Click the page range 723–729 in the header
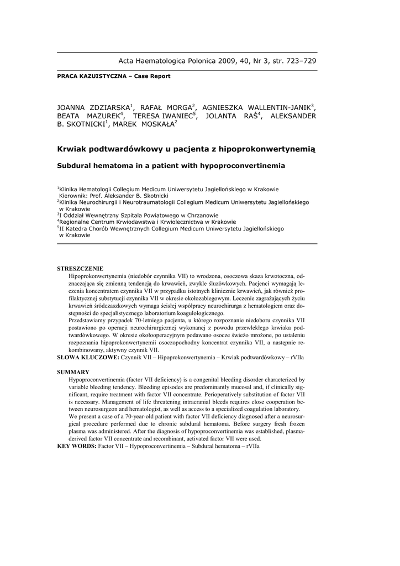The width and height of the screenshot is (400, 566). point(299,61)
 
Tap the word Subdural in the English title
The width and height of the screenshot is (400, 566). point(77,165)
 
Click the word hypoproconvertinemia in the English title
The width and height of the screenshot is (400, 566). point(241,165)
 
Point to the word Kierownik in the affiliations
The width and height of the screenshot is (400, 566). point(77,196)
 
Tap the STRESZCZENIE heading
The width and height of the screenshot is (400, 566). point(80,269)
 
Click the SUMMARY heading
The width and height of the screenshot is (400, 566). point(73,372)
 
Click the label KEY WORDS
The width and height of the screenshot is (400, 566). point(77,446)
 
